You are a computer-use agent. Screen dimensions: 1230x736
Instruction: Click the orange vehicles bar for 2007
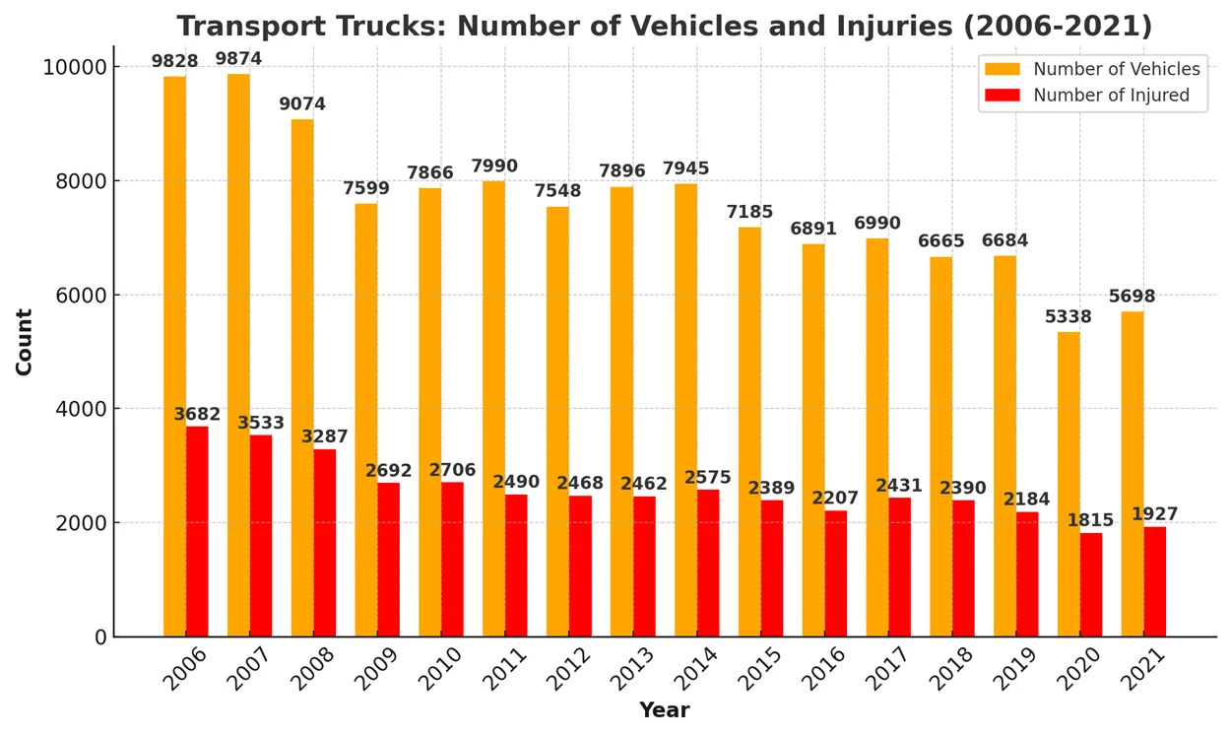click(238, 356)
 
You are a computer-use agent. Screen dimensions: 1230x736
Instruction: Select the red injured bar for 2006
click(197, 532)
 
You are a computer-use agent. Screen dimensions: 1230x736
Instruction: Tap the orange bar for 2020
click(1068, 485)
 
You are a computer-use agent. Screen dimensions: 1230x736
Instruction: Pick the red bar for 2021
click(1155, 582)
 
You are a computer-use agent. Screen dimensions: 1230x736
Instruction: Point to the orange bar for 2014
click(685, 410)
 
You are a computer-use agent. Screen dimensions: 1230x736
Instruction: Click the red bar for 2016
click(836, 574)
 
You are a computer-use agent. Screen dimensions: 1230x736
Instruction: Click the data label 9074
click(302, 103)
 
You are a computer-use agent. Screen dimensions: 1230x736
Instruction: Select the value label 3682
click(197, 414)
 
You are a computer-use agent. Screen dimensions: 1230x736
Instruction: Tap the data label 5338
click(1068, 317)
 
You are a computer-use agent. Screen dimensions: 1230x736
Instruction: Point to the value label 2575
click(708, 478)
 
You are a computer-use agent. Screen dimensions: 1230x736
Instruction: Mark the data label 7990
click(494, 166)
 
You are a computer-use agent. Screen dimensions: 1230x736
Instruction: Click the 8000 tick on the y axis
click(81, 181)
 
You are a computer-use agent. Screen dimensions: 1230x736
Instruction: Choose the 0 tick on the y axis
click(100, 637)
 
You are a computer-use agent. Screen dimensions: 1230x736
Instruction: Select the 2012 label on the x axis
click(569, 668)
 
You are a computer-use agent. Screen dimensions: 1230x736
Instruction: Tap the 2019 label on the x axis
click(1015, 668)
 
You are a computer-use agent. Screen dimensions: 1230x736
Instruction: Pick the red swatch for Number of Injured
click(1003, 95)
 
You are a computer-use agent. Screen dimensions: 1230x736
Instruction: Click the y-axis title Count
click(25, 342)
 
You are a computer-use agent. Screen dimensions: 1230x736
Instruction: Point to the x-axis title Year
click(665, 710)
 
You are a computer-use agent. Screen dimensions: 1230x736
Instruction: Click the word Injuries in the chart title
click(893, 27)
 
